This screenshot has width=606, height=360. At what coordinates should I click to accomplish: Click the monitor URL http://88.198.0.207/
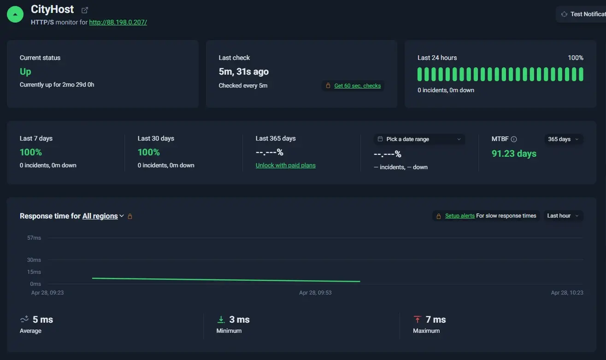coord(118,22)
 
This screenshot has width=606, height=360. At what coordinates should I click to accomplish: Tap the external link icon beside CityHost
coord(85,10)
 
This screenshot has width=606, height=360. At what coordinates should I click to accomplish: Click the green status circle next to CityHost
coord(15,14)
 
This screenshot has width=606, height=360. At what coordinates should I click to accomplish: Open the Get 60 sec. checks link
coord(357,86)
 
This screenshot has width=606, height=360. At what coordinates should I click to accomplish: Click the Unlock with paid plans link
coord(285,165)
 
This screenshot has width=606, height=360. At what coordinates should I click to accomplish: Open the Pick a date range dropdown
coord(419,139)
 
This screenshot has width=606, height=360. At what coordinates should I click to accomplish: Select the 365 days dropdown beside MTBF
coord(563,139)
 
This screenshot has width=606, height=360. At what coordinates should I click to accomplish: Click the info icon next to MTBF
coord(514,139)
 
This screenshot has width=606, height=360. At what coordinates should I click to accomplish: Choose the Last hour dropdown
coord(563,216)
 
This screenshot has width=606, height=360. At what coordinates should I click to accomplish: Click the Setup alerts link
coord(459,216)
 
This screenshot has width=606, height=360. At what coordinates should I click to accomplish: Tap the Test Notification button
coord(581,14)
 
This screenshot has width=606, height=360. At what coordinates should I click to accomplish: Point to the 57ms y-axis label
coord(34,238)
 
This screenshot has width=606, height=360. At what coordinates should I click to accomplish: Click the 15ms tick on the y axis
coord(34,272)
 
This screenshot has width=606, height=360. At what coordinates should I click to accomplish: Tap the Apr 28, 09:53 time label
coord(315,293)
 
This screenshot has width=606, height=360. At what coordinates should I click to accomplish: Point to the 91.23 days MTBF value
coord(514,153)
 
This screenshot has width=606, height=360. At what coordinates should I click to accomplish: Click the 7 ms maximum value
coord(435,319)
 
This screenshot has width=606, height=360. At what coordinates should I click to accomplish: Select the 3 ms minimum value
coord(239,319)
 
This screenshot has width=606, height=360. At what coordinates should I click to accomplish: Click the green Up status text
coord(25,71)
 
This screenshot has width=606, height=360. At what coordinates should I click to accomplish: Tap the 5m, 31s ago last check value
coord(243,71)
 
